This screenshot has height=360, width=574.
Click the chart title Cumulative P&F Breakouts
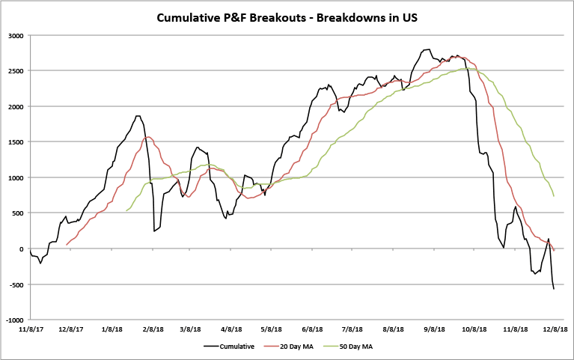pyautogui.click(x=287, y=16)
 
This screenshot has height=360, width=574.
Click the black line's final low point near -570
pyautogui.click(x=554, y=289)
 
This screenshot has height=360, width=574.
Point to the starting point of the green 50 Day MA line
pyautogui.click(x=126, y=211)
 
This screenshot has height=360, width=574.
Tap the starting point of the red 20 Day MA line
pyautogui.click(x=67, y=245)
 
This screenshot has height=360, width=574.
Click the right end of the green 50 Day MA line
pyautogui.click(x=554, y=196)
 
